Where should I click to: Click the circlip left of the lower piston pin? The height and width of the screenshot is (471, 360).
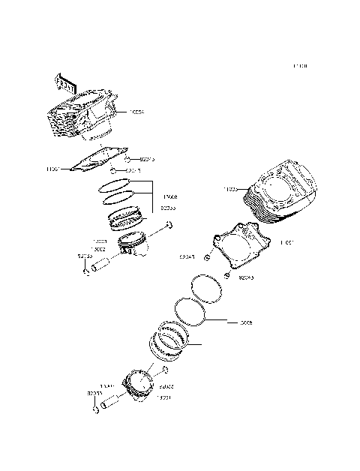point(95,409)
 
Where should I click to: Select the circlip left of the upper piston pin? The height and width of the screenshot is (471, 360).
point(86,272)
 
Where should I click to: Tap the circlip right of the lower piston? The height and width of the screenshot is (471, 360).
point(165,370)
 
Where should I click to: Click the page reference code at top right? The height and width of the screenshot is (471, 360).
point(300,67)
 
